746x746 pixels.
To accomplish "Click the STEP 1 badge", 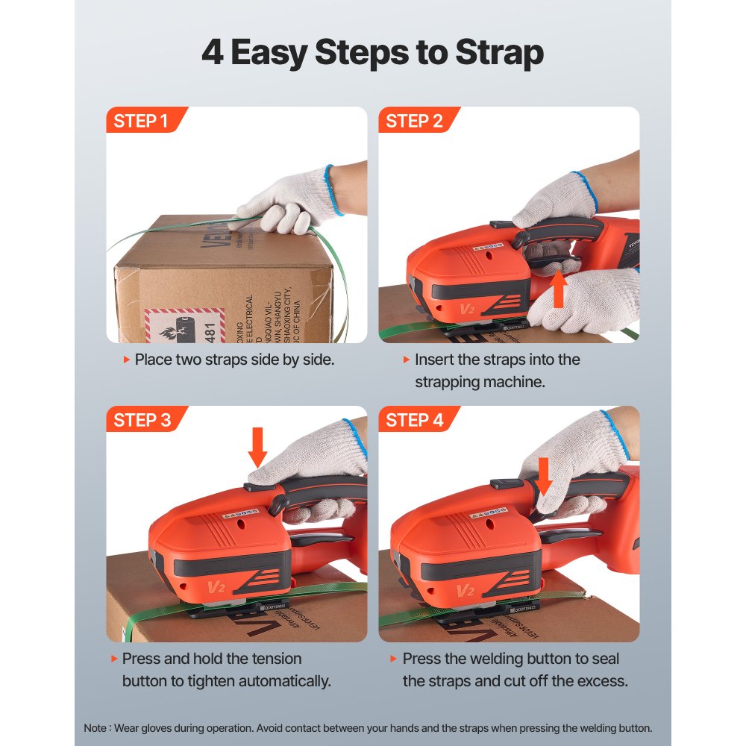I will point(141,121).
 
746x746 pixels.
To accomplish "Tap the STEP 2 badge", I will point(414,121).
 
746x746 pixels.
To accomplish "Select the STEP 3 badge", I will point(142,420).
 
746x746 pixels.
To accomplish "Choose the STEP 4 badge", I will point(414,420).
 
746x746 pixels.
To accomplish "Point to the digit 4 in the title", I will point(212,54).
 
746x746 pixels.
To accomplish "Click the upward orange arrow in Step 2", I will point(558,290).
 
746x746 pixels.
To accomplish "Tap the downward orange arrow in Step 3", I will point(257,446).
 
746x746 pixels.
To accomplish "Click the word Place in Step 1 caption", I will point(153,360).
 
